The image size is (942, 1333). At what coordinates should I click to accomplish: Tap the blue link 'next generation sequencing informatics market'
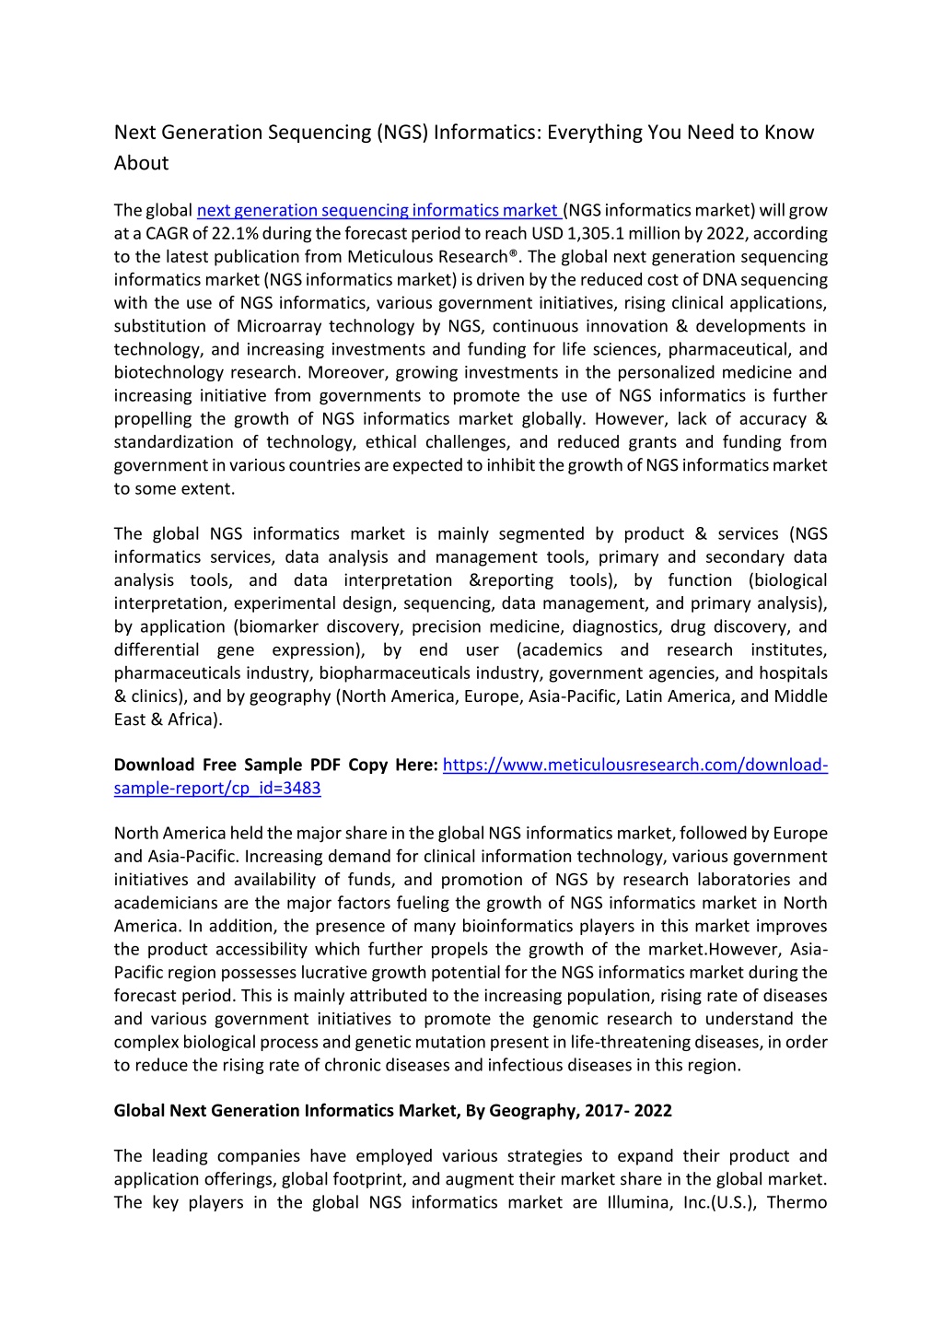pos(378,211)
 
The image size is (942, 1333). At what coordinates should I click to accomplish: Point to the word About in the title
pos(141,163)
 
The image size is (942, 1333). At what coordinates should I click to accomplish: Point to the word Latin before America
pos(646,696)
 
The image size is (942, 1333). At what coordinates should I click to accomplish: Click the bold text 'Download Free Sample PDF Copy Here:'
pos(275,766)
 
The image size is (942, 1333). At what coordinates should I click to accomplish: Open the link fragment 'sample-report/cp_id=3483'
pos(217,789)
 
